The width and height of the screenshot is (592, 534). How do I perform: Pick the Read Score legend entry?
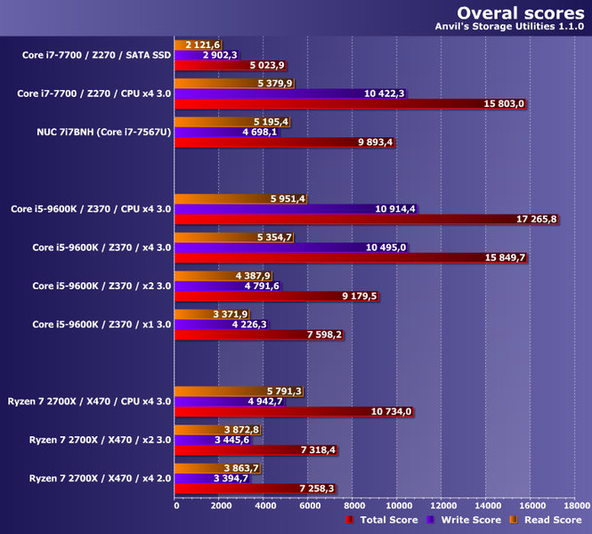[547, 520]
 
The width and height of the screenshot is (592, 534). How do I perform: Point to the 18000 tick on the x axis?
[575, 506]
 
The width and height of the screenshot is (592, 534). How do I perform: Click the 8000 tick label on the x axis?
[353, 506]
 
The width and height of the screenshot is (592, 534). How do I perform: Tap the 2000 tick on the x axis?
[221, 506]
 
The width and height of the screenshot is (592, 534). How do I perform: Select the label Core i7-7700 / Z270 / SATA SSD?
[96, 55]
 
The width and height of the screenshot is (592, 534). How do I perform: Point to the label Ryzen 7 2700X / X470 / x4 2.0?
[100, 478]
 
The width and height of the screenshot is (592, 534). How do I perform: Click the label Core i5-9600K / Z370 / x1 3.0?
[101, 325]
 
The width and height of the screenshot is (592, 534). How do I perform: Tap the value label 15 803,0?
[503, 104]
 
